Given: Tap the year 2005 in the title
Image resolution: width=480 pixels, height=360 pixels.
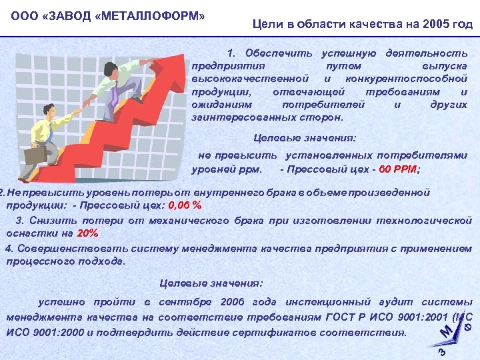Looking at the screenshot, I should click(x=425, y=25).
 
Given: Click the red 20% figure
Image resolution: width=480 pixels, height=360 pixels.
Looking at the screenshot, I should click(x=88, y=233).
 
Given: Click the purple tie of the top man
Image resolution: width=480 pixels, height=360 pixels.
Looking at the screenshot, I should click(x=115, y=94).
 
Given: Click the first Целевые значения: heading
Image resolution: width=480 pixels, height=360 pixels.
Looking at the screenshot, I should click(x=306, y=139).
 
